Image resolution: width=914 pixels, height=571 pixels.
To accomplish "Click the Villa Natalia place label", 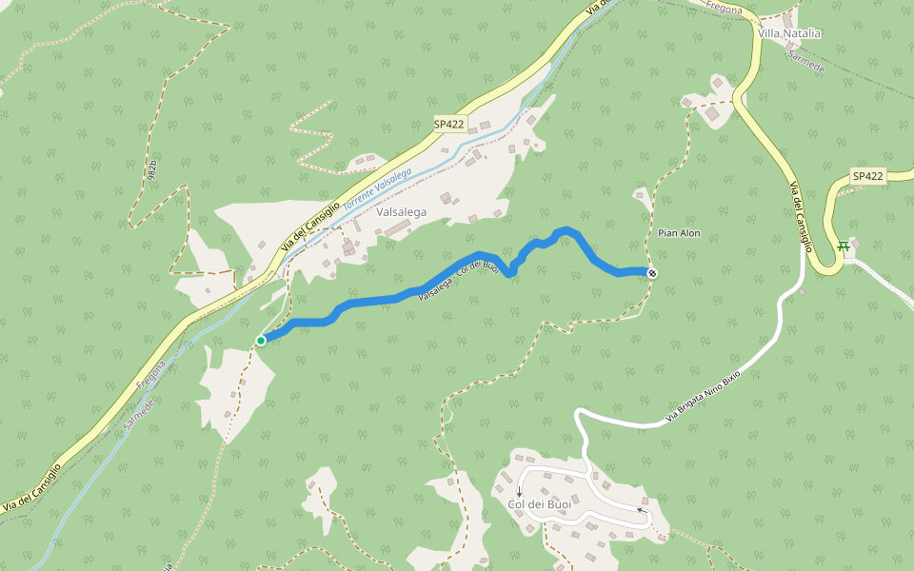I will (x=788, y=33).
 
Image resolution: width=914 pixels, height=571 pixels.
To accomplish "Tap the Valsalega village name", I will (x=401, y=212).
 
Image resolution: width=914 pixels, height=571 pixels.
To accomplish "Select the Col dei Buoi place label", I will (x=540, y=503).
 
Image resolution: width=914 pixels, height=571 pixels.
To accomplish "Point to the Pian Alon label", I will (x=679, y=233).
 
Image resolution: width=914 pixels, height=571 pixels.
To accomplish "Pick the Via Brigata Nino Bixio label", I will (x=703, y=396).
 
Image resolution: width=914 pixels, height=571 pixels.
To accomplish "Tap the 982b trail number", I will (x=152, y=169).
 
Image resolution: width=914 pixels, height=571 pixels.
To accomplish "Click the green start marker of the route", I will (x=261, y=340).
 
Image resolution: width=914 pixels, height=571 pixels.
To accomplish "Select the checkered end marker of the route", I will (x=652, y=274).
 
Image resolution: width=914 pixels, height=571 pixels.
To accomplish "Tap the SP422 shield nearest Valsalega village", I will (x=448, y=124).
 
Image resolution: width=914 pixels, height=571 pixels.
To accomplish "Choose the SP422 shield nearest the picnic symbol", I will (x=867, y=176).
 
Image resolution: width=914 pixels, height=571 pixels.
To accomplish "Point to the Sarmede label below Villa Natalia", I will (x=805, y=62).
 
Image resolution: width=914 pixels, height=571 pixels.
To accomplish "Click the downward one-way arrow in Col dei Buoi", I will (x=519, y=491).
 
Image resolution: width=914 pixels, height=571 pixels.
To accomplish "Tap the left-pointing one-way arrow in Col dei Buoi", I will (x=642, y=511).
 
